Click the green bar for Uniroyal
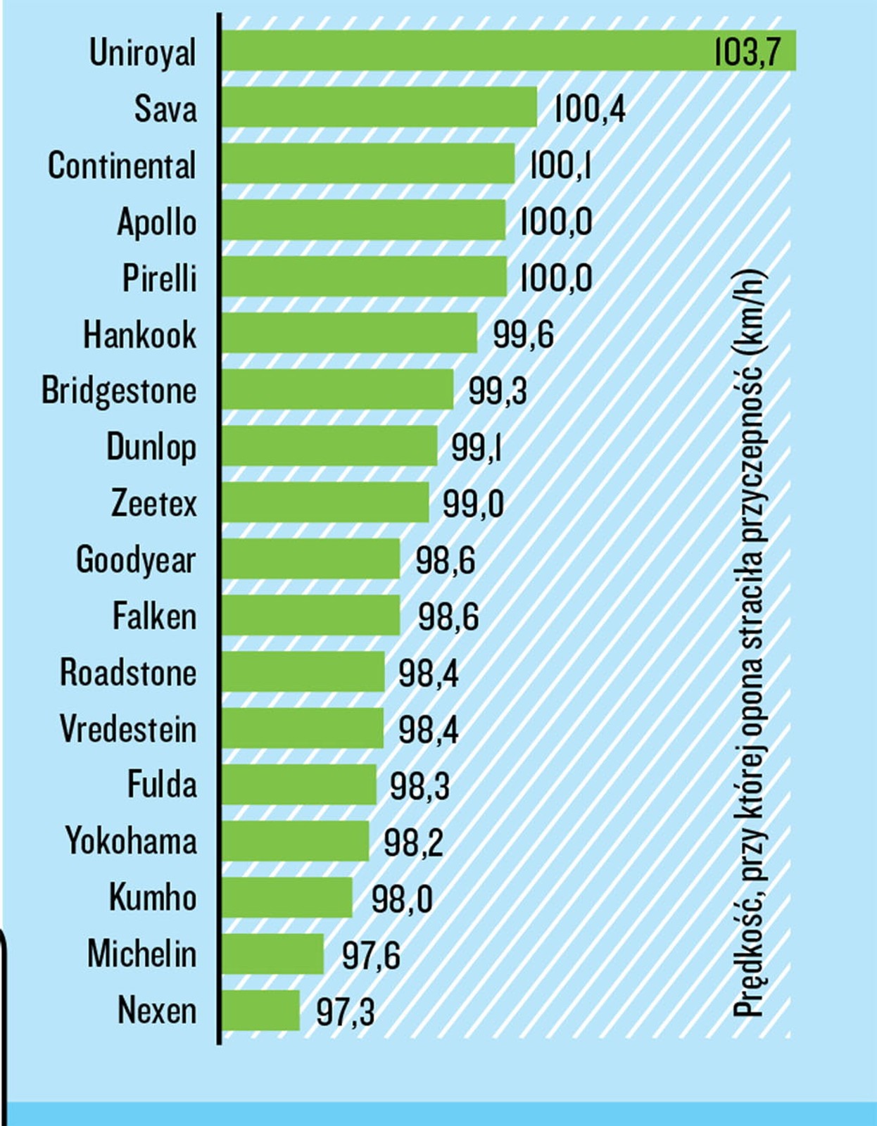pos(465,51)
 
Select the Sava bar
pos(380,107)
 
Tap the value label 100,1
pos(560,165)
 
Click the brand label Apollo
pos(157,222)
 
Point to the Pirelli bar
pos(365,277)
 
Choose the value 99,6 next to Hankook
pos(523,334)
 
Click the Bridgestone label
pos(119,391)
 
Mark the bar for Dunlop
pos(330,445)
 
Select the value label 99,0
pos(473,504)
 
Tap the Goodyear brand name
pos(136,560)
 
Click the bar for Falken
pos(311,615)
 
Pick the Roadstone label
pos(128,672)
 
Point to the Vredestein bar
pos(303,728)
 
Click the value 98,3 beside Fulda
pos(419,785)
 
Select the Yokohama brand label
pos(131,841)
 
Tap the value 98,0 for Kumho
pos(402,899)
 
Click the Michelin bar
pos(273,954)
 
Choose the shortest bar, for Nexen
pos(261,1010)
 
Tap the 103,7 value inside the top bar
pos(747,52)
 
